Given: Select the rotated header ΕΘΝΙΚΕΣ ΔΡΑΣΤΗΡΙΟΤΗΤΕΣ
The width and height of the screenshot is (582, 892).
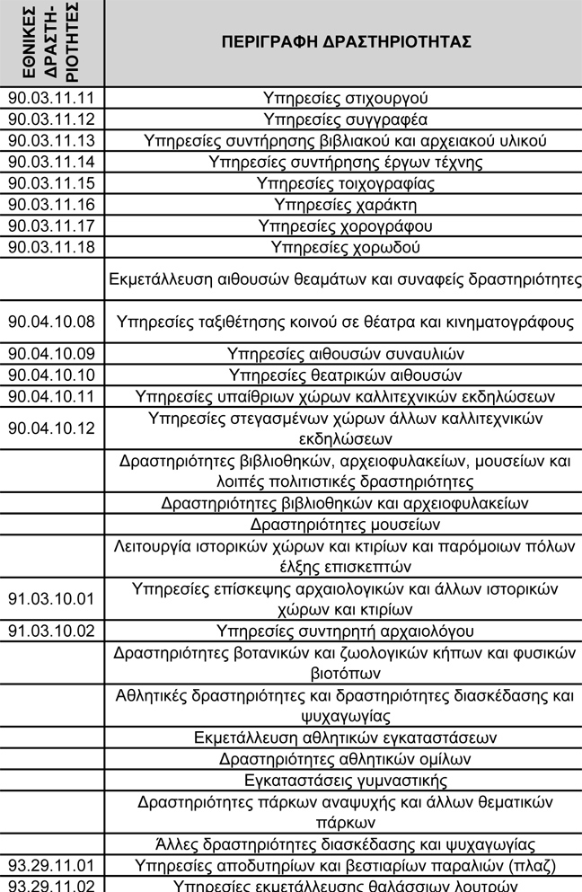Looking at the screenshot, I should coord(51,43).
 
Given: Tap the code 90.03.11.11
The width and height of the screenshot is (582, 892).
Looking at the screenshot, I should coord(51,97).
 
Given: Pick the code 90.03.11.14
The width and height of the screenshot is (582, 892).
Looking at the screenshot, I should coord(51,163).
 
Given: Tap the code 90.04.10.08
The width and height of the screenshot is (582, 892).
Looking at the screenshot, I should coord(51,322).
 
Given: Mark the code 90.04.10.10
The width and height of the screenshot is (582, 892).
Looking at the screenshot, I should coord(51,375).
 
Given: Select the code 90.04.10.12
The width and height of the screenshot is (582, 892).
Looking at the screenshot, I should coord(51,428).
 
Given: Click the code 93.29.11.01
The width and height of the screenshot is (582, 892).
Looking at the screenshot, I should coord(51,866).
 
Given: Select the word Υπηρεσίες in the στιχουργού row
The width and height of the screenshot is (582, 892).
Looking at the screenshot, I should coord(299,97).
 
